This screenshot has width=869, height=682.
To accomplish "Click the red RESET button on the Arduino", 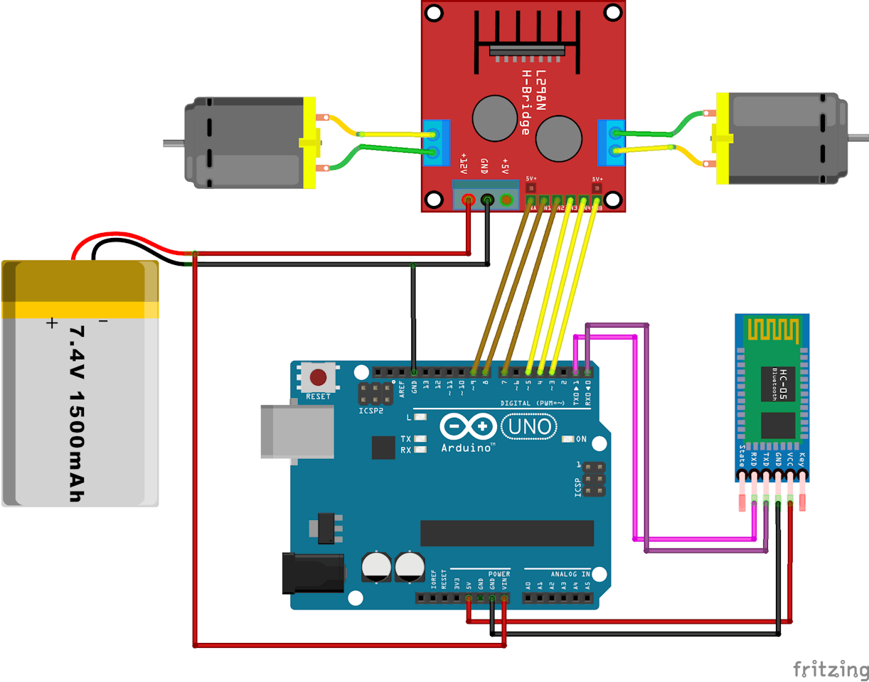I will pyautogui.click(x=319, y=377).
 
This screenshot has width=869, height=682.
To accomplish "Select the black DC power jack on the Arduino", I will pyautogui.click(x=313, y=573).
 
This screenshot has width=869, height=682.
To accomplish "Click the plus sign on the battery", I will pyautogui.click(x=51, y=323).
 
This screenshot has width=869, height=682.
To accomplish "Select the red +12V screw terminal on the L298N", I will pyautogui.click(x=468, y=200).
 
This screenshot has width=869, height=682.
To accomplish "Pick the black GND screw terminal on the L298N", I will pyautogui.click(x=487, y=200).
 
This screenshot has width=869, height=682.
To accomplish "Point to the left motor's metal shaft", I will pyautogui.click(x=174, y=143).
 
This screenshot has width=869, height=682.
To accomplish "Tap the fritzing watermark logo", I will pyautogui.click(x=830, y=669).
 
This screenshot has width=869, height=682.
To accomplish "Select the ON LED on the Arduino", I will pyautogui.click(x=567, y=439).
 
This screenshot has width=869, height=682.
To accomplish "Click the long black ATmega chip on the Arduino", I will pyautogui.click(x=506, y=533).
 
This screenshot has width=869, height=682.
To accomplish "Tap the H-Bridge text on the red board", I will pyautogui.click(x=526, y=103).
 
